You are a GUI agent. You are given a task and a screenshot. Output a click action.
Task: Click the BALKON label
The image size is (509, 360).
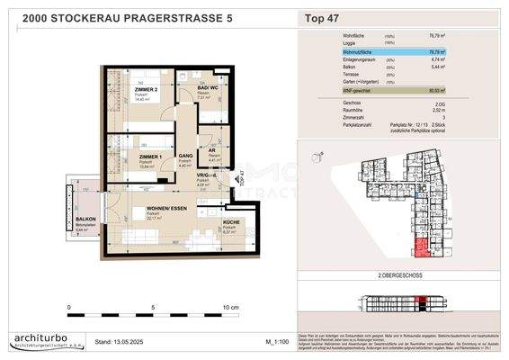[85, 219]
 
